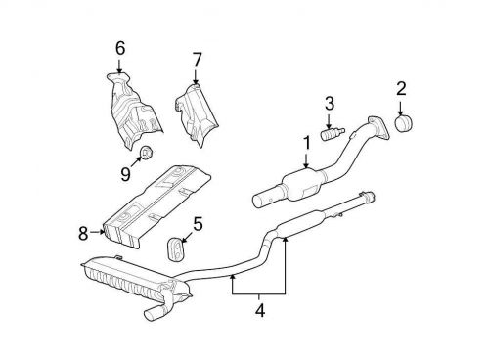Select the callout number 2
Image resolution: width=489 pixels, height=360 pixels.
pos(400,90)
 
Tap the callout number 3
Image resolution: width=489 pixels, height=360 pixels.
pos(330,102)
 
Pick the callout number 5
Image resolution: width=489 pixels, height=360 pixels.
pos(198,223)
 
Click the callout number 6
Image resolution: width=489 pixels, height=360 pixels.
pos(120,46)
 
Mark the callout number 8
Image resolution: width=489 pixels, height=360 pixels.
pos(83,232)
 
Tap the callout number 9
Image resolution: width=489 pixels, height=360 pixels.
pos(125,174)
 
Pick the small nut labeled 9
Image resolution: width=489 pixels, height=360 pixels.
pos(144,152)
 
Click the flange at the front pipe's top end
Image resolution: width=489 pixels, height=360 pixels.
pos(374,126)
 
